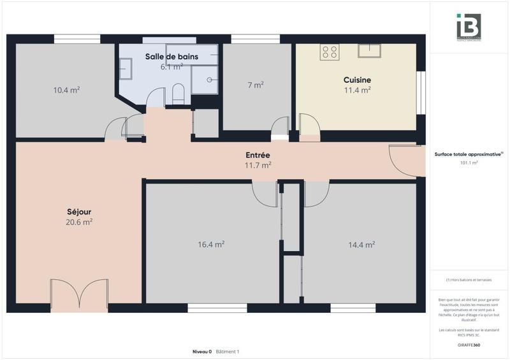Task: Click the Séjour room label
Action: click(x=79, y=212)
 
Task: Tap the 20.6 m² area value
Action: click(x=79, y=222)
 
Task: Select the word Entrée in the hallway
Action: click(x=258, y=155)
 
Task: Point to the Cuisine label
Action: click(x=357, y=80)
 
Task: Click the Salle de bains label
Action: click(x=171, y=57)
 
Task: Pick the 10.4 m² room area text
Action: click(x=66, y=90)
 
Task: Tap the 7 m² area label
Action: click(x=256, y=85)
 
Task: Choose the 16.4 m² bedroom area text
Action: click(x=211, y=244)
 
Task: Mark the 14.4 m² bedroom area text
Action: click(x=361, y=244)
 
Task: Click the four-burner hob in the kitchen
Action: click(x=330, y=52)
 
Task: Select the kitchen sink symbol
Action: click(x=369, y=50)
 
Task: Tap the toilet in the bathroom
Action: click(x=178, y=94)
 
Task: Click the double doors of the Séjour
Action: click(x=79, y=295)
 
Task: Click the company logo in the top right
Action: click(x=469, y=27)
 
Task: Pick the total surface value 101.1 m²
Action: click(x=469, y=162)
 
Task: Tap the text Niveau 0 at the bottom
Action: click(x=202, y=352)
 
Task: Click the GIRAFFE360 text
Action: click(x=469, y=343)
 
